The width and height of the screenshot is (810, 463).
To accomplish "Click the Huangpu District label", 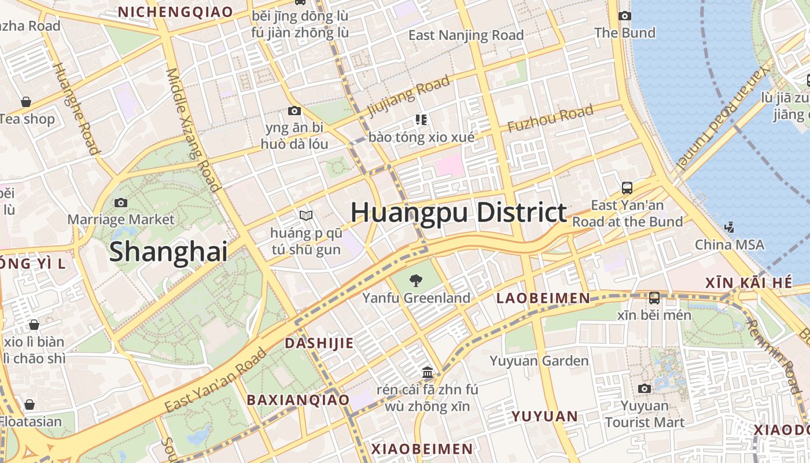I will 458,212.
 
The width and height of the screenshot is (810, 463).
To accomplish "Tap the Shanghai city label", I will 168,252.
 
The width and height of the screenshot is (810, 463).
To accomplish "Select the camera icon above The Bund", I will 625,16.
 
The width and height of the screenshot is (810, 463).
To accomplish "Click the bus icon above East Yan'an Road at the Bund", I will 627,188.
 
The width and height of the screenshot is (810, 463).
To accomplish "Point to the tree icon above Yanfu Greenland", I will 415,281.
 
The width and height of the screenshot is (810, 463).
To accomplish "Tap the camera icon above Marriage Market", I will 120,203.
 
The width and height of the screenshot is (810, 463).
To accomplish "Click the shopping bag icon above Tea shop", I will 26,102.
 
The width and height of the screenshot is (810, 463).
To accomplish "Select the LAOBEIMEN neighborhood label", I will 543,298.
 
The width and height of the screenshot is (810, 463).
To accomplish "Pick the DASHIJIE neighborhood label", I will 319,343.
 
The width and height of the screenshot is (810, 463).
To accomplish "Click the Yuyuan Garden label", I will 539,361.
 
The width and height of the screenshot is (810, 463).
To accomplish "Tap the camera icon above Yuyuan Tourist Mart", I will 644,388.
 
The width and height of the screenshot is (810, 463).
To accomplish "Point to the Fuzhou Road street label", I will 550,119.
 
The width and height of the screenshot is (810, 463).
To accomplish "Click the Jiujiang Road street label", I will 408,96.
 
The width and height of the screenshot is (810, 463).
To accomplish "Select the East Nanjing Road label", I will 466,35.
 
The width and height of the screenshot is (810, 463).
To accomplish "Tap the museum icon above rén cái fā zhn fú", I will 428,372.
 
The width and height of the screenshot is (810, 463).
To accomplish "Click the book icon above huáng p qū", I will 306,215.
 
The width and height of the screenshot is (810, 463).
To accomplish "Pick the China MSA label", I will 729,245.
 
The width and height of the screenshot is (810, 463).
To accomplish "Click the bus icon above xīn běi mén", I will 654,297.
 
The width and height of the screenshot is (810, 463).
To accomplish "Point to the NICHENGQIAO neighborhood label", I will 175,12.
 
